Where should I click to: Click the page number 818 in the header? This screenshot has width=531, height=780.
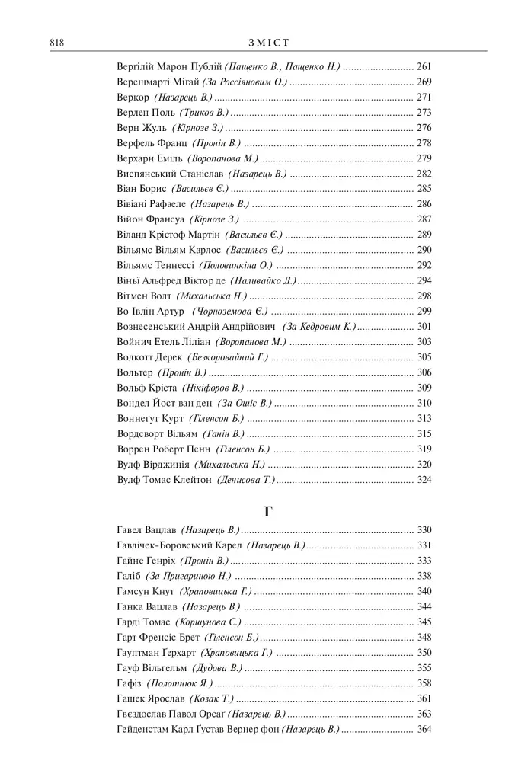click(x=55, y=43)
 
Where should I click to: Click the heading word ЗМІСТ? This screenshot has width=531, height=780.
click(x=267, y=43)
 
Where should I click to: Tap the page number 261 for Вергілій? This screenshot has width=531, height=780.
click(x=424, y=67)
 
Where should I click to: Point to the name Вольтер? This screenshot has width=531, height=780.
click(x=135, y=372)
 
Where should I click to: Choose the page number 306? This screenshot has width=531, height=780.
click(x=424, y=372)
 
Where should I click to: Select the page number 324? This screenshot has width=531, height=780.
click(x=424, y=480)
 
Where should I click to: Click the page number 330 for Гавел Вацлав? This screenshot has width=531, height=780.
click(x=424, y=530)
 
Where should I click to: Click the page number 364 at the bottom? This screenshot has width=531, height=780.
click(x=424, y=729)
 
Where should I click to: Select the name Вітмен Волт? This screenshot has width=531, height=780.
click(x=144, y=296)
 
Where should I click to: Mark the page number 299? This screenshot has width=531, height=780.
click(x=424, y=311)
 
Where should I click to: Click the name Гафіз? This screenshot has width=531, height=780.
click(x=129, y=683)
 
